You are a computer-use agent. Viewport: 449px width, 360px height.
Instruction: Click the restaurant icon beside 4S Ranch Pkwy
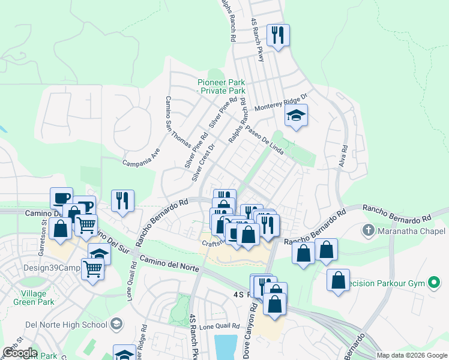(x=278, y=35)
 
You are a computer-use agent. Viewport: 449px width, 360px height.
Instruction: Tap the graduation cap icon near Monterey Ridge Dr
(x=295, y=115)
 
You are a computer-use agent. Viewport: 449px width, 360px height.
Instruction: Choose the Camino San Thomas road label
(x=178, y=122)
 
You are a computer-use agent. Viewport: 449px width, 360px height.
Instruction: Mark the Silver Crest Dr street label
(x=203, y=163)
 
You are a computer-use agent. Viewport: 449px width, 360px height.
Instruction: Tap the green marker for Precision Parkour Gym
(x=433, y=283)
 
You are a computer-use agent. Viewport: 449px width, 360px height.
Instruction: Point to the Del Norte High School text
(x=57, y=325)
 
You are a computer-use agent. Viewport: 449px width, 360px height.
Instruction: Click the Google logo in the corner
(x=19, y=353)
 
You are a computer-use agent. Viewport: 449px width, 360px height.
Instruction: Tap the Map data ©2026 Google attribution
(x=411, y=355)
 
